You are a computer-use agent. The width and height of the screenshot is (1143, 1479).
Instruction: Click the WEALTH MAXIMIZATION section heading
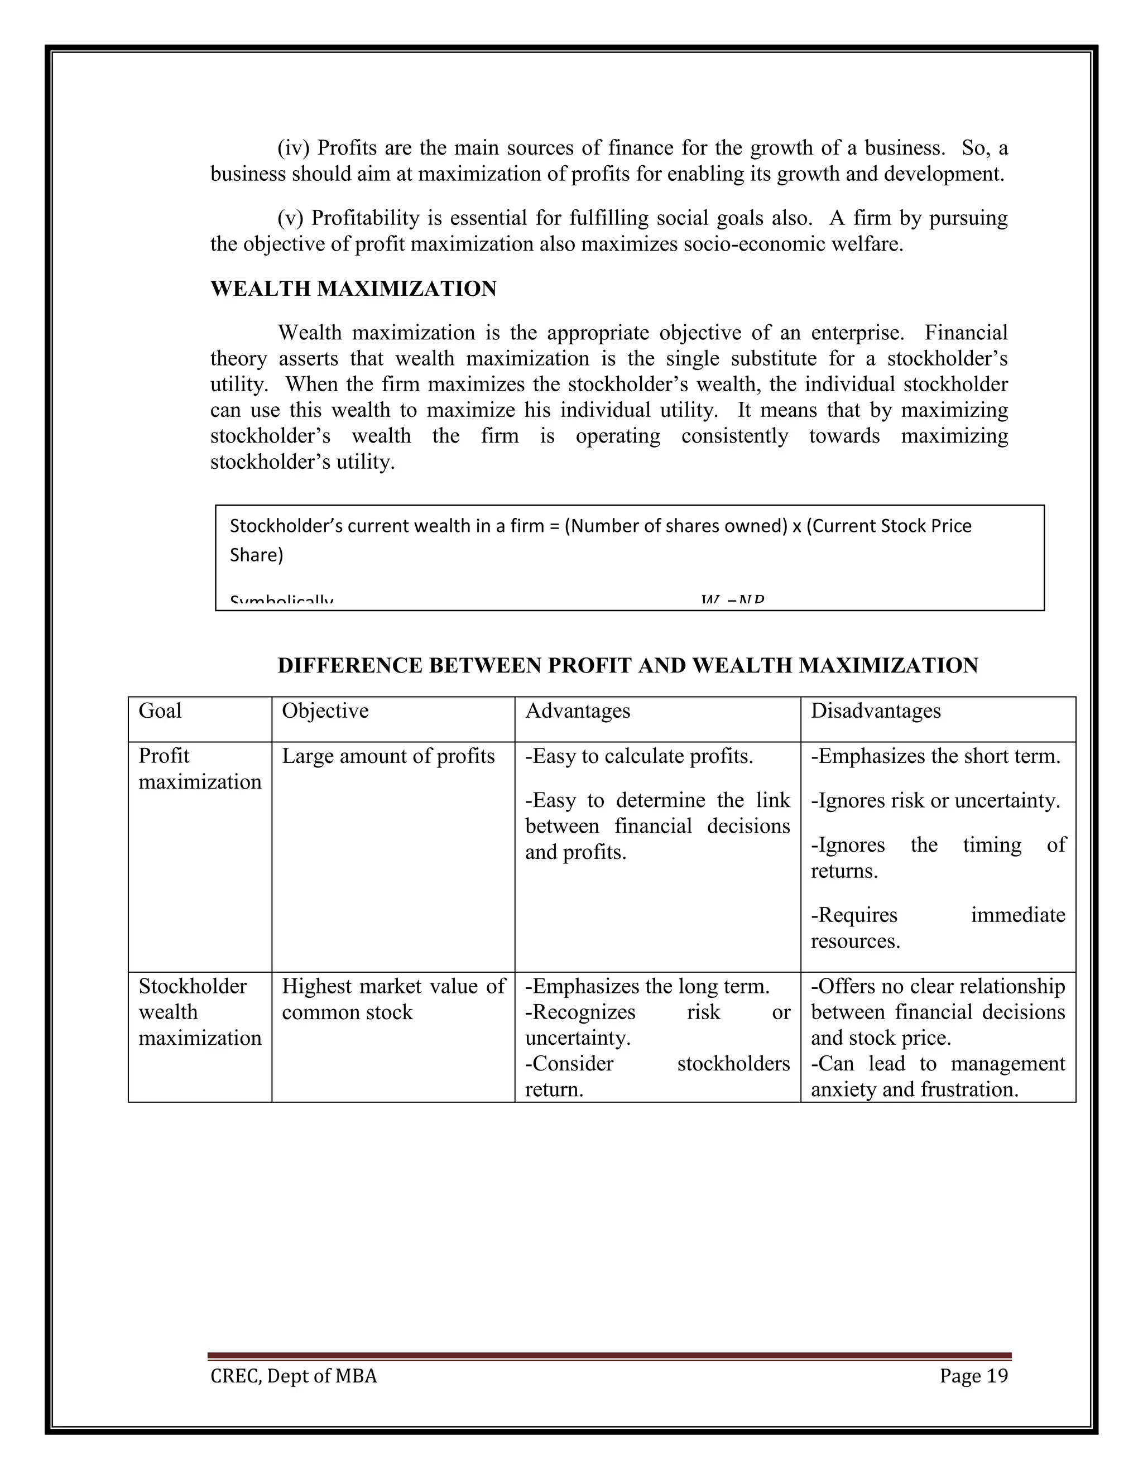353,289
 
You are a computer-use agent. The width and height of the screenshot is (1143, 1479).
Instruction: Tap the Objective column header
325,710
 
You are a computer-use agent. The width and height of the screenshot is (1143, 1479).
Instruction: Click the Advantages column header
577,710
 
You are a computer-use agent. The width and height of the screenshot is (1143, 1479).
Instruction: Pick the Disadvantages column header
875,710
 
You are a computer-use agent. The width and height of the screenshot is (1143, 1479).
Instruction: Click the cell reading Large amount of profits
388,756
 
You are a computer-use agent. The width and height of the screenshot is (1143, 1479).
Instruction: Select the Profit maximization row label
199,769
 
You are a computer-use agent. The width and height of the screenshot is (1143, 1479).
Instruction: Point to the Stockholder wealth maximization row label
199,1012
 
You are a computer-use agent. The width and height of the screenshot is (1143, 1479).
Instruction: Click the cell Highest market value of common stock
393,999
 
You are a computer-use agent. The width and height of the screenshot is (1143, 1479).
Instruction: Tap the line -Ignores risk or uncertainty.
935,800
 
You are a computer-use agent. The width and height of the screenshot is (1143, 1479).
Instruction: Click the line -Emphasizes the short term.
935,756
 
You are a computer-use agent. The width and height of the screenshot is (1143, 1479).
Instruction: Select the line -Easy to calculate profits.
638,756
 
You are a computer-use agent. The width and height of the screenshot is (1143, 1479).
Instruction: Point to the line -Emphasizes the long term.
647,986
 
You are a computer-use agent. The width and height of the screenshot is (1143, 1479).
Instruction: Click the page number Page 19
973,1376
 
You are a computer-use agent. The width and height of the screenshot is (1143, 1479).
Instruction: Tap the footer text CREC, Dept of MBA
293,1376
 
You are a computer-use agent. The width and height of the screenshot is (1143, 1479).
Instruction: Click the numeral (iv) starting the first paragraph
292,148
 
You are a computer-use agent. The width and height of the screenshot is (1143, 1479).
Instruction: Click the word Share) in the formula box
256,555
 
